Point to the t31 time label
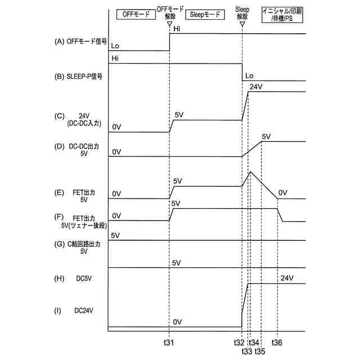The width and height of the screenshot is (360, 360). tap(169, 342)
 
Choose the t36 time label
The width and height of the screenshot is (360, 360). tap(277, 342)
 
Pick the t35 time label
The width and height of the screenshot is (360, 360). tap(260, 351)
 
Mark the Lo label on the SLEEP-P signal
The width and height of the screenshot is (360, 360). tap(250, 75)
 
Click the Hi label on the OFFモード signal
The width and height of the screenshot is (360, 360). tap(177, 29)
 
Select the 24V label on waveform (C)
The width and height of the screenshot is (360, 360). tap(256, 87)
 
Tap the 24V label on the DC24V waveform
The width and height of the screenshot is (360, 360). tap(287, 278)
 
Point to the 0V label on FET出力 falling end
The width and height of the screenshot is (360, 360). tap(282, 192)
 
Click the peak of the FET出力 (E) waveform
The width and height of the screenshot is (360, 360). tap(250, 171)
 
